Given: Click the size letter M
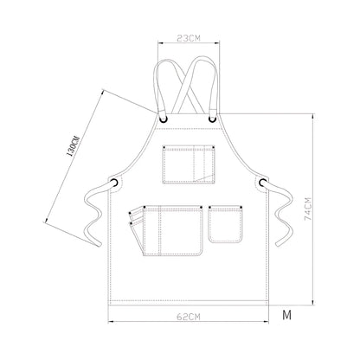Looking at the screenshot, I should pos(286,314).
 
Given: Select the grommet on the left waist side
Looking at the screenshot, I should pos(113,182).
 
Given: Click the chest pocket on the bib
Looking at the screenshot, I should pos(188,163).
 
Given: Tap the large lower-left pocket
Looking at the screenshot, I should pos(168,230).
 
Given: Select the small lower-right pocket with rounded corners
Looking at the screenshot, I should pos(226,223).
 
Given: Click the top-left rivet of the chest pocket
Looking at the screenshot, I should pos(164,143).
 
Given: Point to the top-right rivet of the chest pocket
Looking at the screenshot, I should pos(212,143).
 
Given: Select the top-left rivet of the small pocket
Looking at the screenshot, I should pos(210,206).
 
